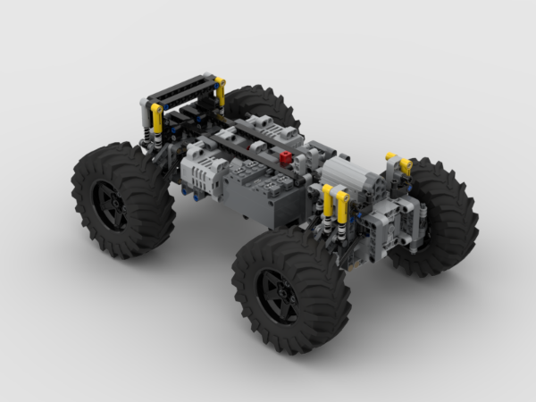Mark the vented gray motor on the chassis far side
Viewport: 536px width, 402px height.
tap(268, 130)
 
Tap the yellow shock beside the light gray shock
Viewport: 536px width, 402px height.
tap(157, 116)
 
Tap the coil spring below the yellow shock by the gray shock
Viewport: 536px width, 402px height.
tap(158, 138)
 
